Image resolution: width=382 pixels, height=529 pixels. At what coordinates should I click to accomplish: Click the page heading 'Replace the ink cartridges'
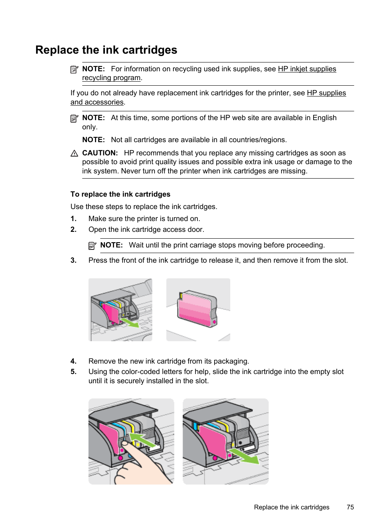pos(106,50)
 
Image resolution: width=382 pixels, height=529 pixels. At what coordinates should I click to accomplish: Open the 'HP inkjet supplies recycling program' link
pos(307,69)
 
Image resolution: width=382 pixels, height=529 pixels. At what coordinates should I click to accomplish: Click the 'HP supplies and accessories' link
pos(326,93)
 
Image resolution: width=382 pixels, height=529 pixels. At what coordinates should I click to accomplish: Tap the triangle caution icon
pos(74,153)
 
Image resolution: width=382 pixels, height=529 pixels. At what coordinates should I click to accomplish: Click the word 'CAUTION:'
pos(100,153)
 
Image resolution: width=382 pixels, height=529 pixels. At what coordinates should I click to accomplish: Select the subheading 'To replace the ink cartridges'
pos(120,194)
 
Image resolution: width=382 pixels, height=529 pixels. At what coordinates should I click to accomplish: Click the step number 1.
pos(73,219)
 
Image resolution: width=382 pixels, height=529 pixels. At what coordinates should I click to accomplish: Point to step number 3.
pos(73,260)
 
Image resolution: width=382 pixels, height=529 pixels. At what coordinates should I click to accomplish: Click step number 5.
pos(73,372)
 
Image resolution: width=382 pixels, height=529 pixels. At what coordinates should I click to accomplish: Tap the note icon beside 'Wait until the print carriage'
pos(92,245)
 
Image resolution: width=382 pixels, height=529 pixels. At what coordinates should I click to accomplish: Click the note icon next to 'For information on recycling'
pos(74,69)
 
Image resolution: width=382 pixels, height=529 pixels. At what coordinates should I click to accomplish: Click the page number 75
pos(350,507)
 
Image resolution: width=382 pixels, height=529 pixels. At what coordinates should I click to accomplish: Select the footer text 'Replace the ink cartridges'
pos(292,507)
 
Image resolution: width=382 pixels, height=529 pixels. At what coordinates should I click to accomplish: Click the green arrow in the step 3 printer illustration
pos(129,322)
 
